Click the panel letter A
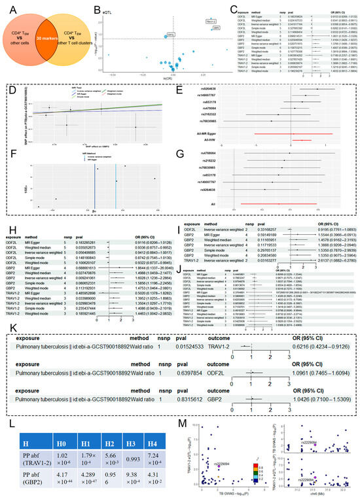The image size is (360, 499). click(x=7, y=6)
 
